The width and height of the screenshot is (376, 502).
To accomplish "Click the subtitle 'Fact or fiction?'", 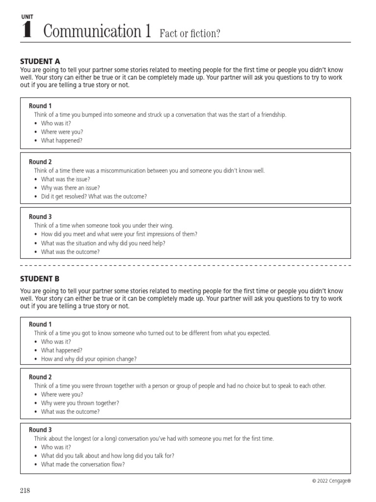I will [189, 33].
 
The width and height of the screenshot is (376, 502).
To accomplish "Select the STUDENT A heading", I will [40, 61].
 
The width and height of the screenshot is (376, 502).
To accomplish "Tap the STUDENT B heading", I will [40, 278].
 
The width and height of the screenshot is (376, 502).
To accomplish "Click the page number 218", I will [25, 491].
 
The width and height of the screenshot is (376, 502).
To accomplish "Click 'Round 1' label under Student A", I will [40, 106].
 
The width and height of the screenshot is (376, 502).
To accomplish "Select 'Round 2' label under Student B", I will [40, 377].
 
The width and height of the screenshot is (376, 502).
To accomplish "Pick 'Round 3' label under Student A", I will [40, 217].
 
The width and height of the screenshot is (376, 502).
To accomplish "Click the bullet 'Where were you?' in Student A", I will [62, 132].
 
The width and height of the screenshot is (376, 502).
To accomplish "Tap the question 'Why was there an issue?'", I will [70, 188].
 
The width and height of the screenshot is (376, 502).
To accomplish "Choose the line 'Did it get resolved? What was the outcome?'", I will [94, 197].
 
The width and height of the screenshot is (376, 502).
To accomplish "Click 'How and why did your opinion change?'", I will [89, 359].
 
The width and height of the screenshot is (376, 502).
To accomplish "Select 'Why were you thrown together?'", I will [80, 403].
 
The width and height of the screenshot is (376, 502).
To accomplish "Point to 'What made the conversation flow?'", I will [83, 464].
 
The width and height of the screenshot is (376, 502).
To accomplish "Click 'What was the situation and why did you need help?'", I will [104, 243].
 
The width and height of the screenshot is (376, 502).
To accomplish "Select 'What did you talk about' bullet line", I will [107, 455].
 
